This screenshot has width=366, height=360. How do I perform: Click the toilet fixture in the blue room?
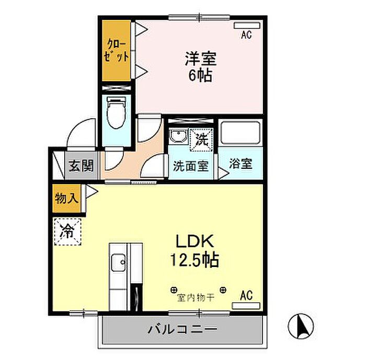tap(116, 113)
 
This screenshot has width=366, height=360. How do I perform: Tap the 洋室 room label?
tap(201, 59)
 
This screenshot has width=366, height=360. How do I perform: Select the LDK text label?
tap(195, 241)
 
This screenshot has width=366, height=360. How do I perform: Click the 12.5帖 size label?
tap(195, 260)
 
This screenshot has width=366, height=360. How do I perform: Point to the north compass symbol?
tap(301, 326)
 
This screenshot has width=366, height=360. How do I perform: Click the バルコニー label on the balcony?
tap(182, 330)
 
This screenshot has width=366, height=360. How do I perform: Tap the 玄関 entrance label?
tap(81, 166)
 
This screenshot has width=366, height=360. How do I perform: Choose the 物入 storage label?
tap(66, 199)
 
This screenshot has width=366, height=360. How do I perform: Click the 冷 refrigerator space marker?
tap(67, 231)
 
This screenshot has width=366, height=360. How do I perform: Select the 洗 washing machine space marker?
tap(201, 140)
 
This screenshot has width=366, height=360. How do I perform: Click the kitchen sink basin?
tap(118, 262)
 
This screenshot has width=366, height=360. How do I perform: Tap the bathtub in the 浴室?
tap(241, 133)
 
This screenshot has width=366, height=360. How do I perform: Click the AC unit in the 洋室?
tap(247, 26)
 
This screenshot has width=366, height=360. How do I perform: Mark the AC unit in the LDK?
tap(246, 306)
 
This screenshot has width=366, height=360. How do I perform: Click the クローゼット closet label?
tap(116, 51)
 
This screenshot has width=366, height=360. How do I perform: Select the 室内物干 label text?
tap(196, 298)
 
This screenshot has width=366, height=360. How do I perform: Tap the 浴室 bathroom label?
tap(241, 164)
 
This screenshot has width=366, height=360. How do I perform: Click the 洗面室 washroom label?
tap(191, 166)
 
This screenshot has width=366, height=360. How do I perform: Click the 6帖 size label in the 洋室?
tap(200, 75)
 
